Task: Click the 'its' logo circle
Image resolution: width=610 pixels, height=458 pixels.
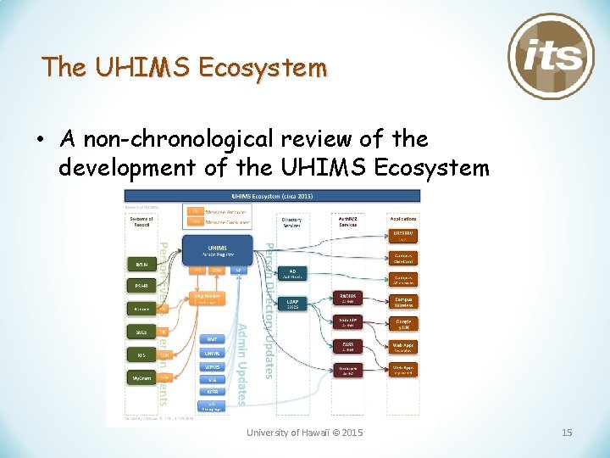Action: click(551, 55)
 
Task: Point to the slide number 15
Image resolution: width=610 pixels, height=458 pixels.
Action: click(567, 433)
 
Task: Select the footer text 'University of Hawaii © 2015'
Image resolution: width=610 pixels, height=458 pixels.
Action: click(305, 433)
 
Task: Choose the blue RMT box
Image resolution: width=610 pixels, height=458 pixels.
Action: click(212, 339)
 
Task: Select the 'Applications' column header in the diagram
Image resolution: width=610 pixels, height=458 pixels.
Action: click(402, 219)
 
